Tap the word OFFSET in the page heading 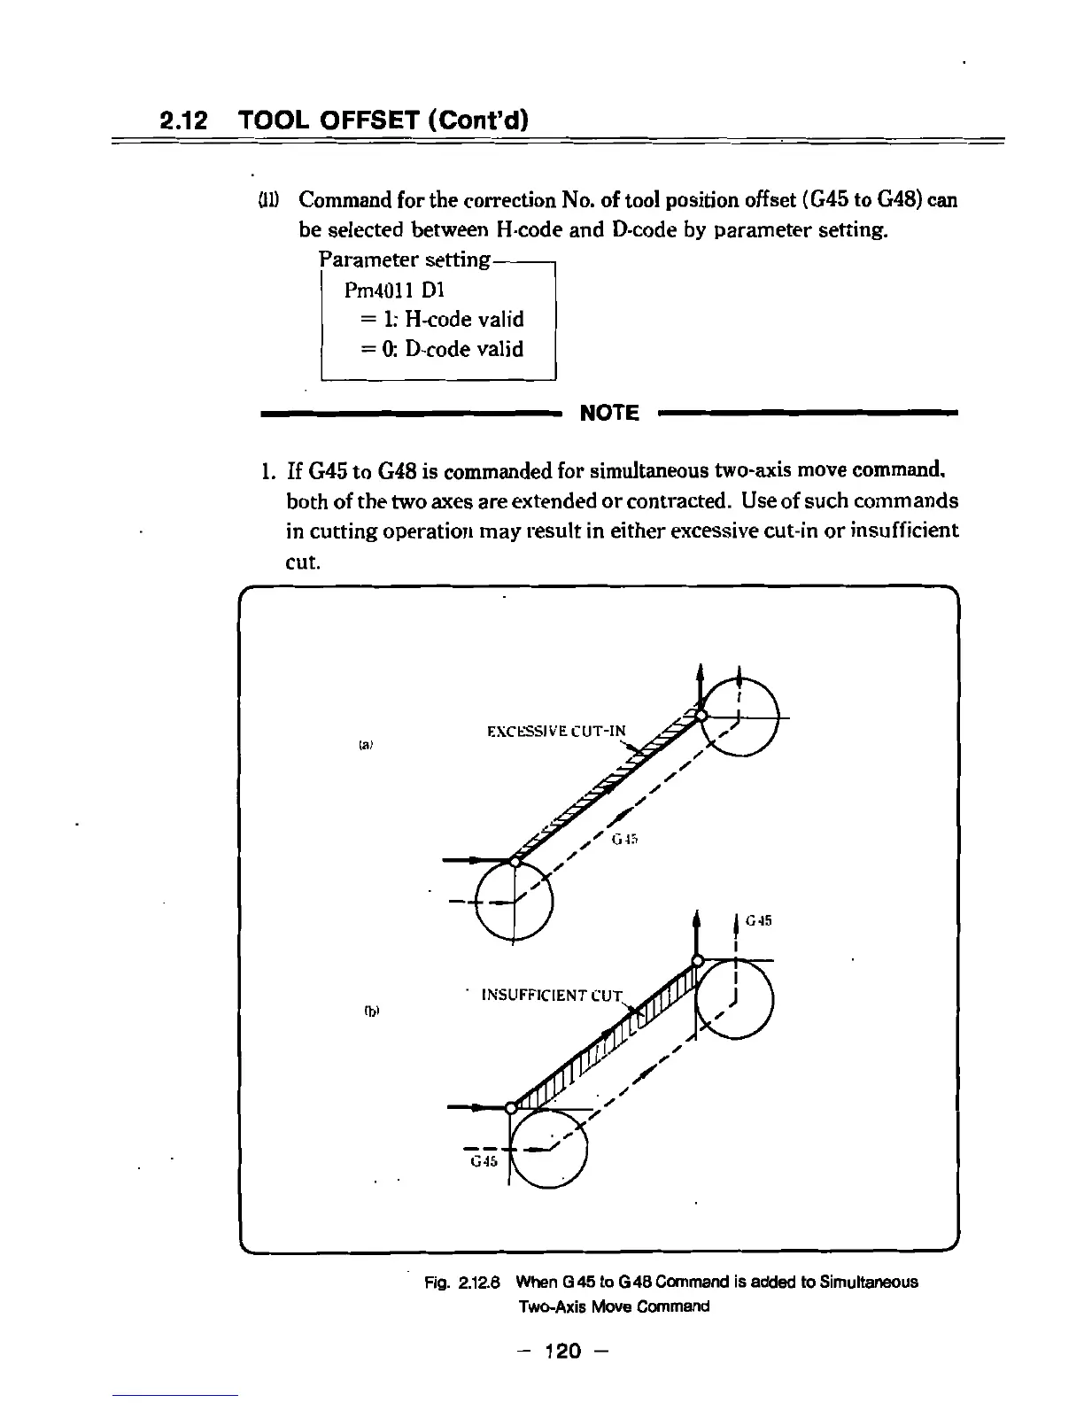click(x=367, y=119)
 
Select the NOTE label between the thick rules click(x=608, y=413)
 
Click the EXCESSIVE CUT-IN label click(x=556, y=732)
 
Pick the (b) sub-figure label click(x=365, y=1010)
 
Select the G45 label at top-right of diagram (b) click(x=759, y=921)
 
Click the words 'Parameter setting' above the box click(x=403, y=260)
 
